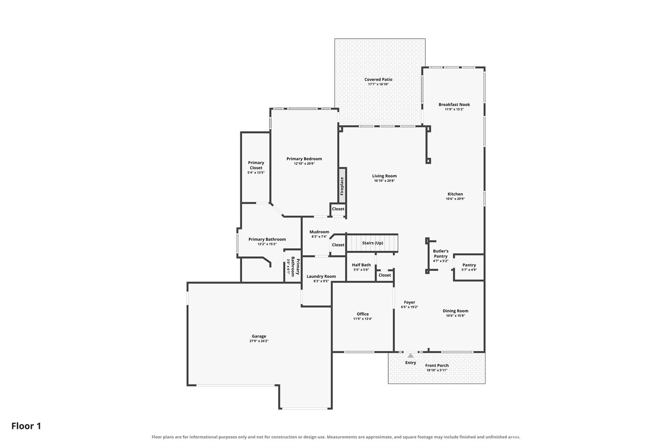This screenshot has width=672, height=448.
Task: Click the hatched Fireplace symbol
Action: pos(342,186)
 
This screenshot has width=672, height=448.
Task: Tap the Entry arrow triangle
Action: pos(410,355)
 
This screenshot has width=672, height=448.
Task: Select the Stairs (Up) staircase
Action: pos(372,243)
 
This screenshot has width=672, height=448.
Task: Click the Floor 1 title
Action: pos(26,426)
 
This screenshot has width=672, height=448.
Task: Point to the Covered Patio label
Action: pos(378,79)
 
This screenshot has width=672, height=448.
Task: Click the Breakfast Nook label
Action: pos(454,105)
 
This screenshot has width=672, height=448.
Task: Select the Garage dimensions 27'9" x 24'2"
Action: pos(259,341)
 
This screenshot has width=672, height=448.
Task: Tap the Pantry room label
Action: pos(469,265)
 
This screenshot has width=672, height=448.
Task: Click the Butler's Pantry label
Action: pos(441,254)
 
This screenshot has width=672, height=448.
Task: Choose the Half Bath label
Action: pos(361,265)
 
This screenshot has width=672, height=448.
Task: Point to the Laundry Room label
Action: pos(321,276)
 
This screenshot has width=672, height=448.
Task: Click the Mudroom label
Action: pos(319,232)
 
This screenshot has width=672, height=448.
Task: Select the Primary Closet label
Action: pos(256,165)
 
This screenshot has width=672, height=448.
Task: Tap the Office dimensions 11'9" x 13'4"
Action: pos(363,319)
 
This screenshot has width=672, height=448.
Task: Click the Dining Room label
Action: pos(455,311)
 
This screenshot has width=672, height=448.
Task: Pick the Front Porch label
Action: pos(437,365)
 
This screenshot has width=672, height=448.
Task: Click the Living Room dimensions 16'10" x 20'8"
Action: pos(384,181)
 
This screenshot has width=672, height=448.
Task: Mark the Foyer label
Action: pos(409,302)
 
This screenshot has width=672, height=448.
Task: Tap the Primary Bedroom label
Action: pos(304,159)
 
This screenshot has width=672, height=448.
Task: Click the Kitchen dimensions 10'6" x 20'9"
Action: pos(455,199)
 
